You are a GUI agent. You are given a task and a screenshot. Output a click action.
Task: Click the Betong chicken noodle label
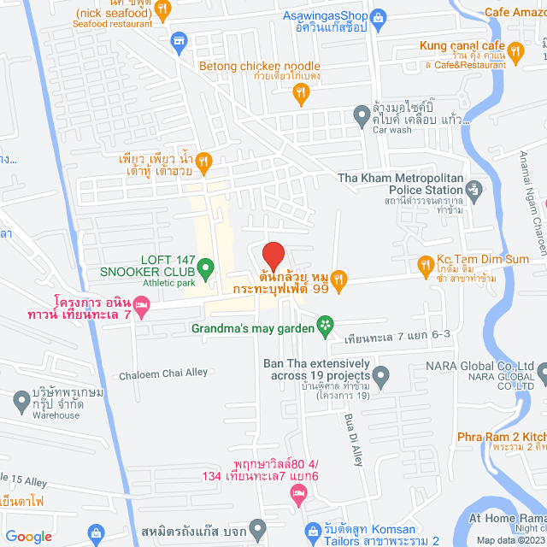tap(259, 66)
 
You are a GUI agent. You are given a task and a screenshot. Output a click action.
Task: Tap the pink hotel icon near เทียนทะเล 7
tap(142, 305)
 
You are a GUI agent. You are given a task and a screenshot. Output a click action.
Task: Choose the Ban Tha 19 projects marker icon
tap(381, 373)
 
